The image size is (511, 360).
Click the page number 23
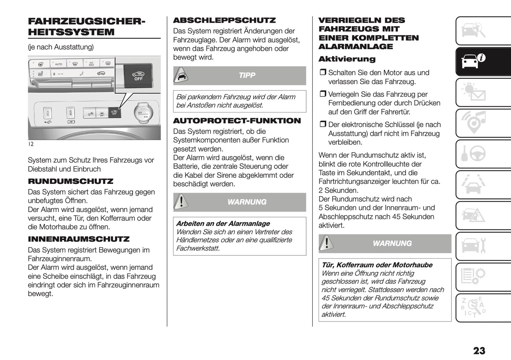[x=479, y=350]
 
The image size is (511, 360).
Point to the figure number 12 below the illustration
[x=31, y=144]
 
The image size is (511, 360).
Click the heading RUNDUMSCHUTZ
[x=70, y=181]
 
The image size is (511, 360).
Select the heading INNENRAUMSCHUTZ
[x=79, y=239]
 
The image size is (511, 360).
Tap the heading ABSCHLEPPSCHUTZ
[x=224, y=21]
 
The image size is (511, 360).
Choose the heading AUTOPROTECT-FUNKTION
[x=237, y=121]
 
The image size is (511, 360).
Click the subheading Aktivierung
[x=347, y=59]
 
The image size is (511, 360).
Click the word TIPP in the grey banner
[x=246, y=75]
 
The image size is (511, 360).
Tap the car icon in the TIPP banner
[x=181, y=75]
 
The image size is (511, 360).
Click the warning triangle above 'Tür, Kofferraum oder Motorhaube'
[x=326, y=243]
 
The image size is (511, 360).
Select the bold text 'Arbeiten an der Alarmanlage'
[x=223, y=223]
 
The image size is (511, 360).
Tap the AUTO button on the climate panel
[x=58, y=64]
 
